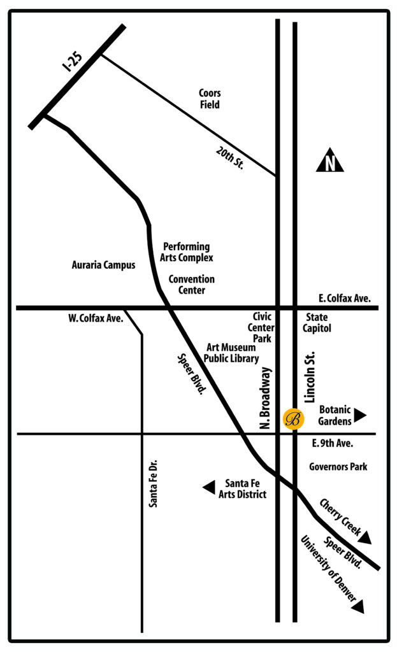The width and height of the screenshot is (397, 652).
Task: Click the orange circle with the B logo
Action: (x=293, y=419)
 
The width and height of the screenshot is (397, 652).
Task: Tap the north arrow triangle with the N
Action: (x=330, y=163)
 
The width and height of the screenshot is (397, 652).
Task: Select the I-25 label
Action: (x=75, y=59)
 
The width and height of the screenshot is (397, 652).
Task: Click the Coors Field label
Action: (x=210, y=99)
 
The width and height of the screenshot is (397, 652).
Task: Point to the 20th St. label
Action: (x=230, y=157)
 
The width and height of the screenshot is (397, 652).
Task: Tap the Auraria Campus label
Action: (x=103, y=265)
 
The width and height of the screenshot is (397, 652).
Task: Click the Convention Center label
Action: (x=191, y=285)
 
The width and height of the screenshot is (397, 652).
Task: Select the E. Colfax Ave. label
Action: (x=344, y=298)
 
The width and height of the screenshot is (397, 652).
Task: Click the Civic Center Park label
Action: (x=262, y=327)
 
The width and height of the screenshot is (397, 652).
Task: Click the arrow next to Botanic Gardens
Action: (x=360, y=416)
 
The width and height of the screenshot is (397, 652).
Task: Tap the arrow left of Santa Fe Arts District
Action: (x=208, y=488)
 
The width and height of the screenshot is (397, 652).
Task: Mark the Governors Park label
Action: (x=338, y=467)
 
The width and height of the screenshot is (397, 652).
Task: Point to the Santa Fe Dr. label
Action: (x=153, y=484)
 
